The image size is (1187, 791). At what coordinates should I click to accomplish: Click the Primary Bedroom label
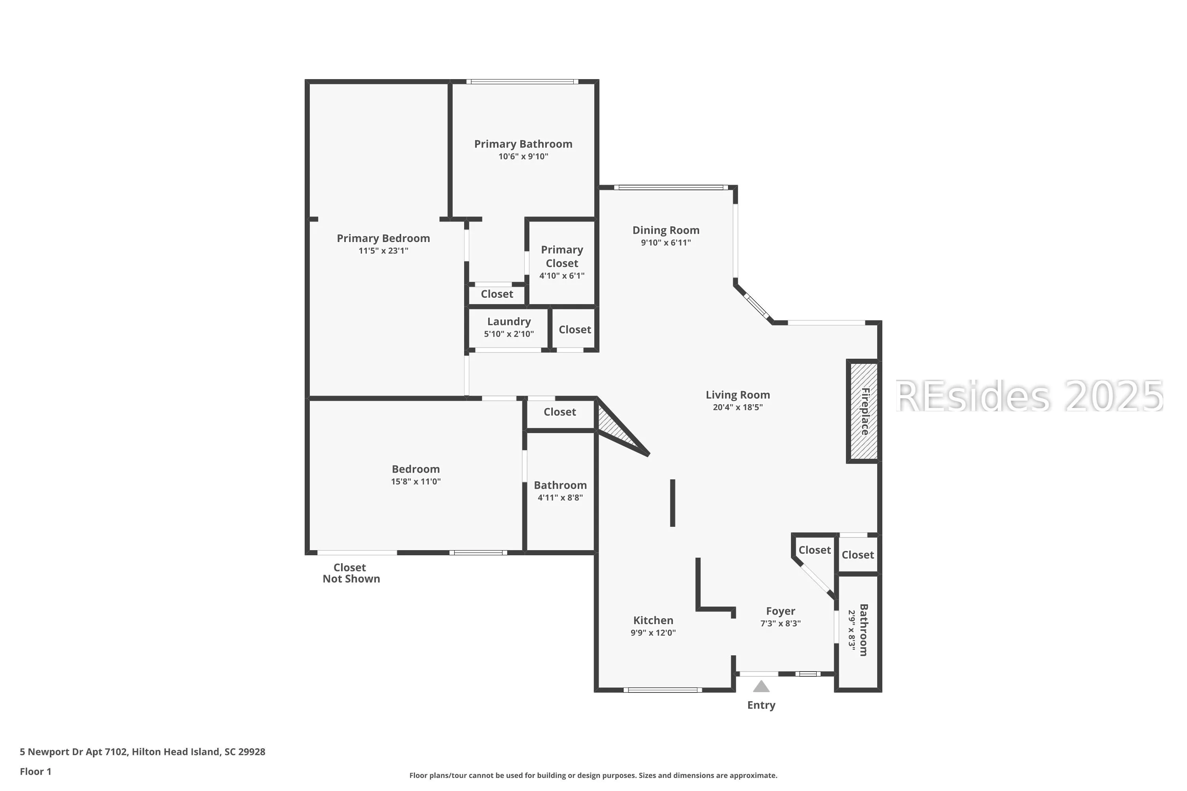pyautogui.click(x=383, y=238)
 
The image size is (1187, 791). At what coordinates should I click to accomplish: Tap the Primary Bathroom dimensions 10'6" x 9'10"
pyautogui.click(x=523, y=156)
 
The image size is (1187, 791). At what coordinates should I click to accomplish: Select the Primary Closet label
pyautogui.click(x=562, y=256)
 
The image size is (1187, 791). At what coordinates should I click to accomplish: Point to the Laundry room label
pyautogui.click(x=509, y=321)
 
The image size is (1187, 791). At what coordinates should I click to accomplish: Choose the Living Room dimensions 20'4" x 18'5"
pyautogui.click(x=738, y=407)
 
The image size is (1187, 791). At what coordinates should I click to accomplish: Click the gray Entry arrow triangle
pyautogui.click(x=761, y=686)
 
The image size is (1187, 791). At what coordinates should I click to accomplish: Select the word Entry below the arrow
pyautogui.click(x=761, y=705)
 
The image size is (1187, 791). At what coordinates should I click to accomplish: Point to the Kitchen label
pyautogui.click(x=653, y=621)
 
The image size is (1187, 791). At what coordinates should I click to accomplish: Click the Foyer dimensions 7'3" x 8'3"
pyautogui.click(x=781, y=624)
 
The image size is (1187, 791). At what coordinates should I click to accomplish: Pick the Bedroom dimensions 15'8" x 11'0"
pyautogui.click(x=416, y=482)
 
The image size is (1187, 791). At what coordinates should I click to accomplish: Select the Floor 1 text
pyautogui.click(x=35, y=771)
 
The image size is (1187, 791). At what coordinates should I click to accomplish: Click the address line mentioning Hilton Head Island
pyautogui.click(x=142, y=752)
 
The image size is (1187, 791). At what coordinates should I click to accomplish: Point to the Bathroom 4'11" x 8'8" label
pyautogui.click(x=560, y=491)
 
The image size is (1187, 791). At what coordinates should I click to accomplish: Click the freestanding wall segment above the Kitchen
pyautogui.click(x=673, y=503)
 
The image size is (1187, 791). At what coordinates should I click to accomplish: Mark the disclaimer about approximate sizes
pyautogui.click(x=593, y=775)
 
